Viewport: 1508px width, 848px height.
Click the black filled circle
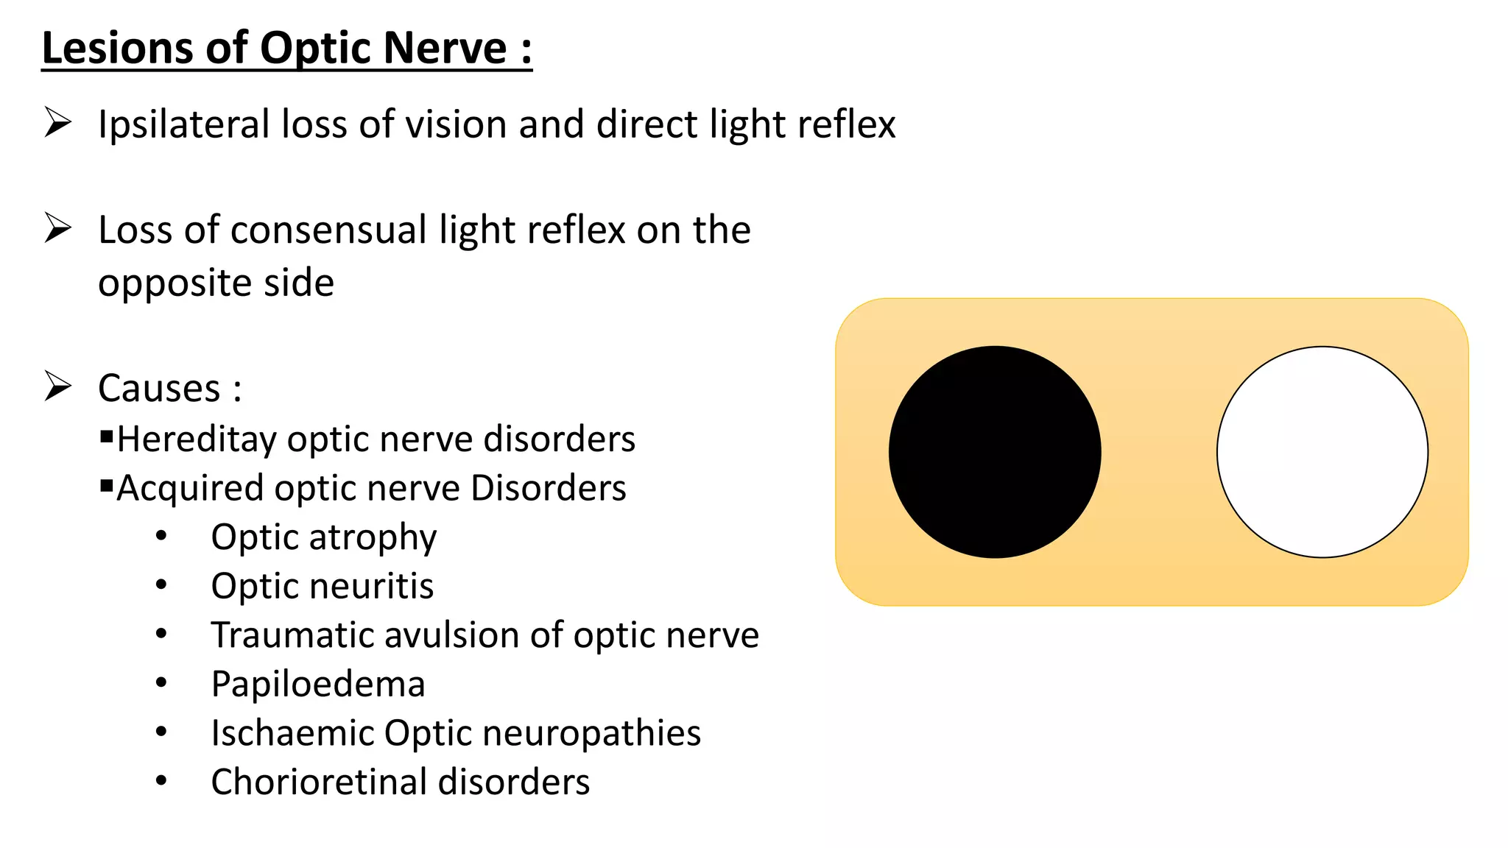[x=995, y=452]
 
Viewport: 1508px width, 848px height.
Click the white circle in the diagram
[x=1322, y=452]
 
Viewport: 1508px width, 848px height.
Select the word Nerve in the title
[x=445, y=49]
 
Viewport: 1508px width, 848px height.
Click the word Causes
[x=159, y=388]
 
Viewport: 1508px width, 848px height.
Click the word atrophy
[x=373, y=538]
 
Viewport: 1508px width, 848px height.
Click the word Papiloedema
[x=318, y=685]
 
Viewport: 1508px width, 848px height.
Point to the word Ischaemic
[x=292, y=733]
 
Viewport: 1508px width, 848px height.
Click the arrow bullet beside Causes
[x=57, y=386]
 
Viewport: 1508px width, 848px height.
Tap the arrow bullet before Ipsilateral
[x=57, y=122]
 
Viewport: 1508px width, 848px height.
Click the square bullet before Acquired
[x=107, y=486]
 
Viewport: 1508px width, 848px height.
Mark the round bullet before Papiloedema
[x=161, y=683]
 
